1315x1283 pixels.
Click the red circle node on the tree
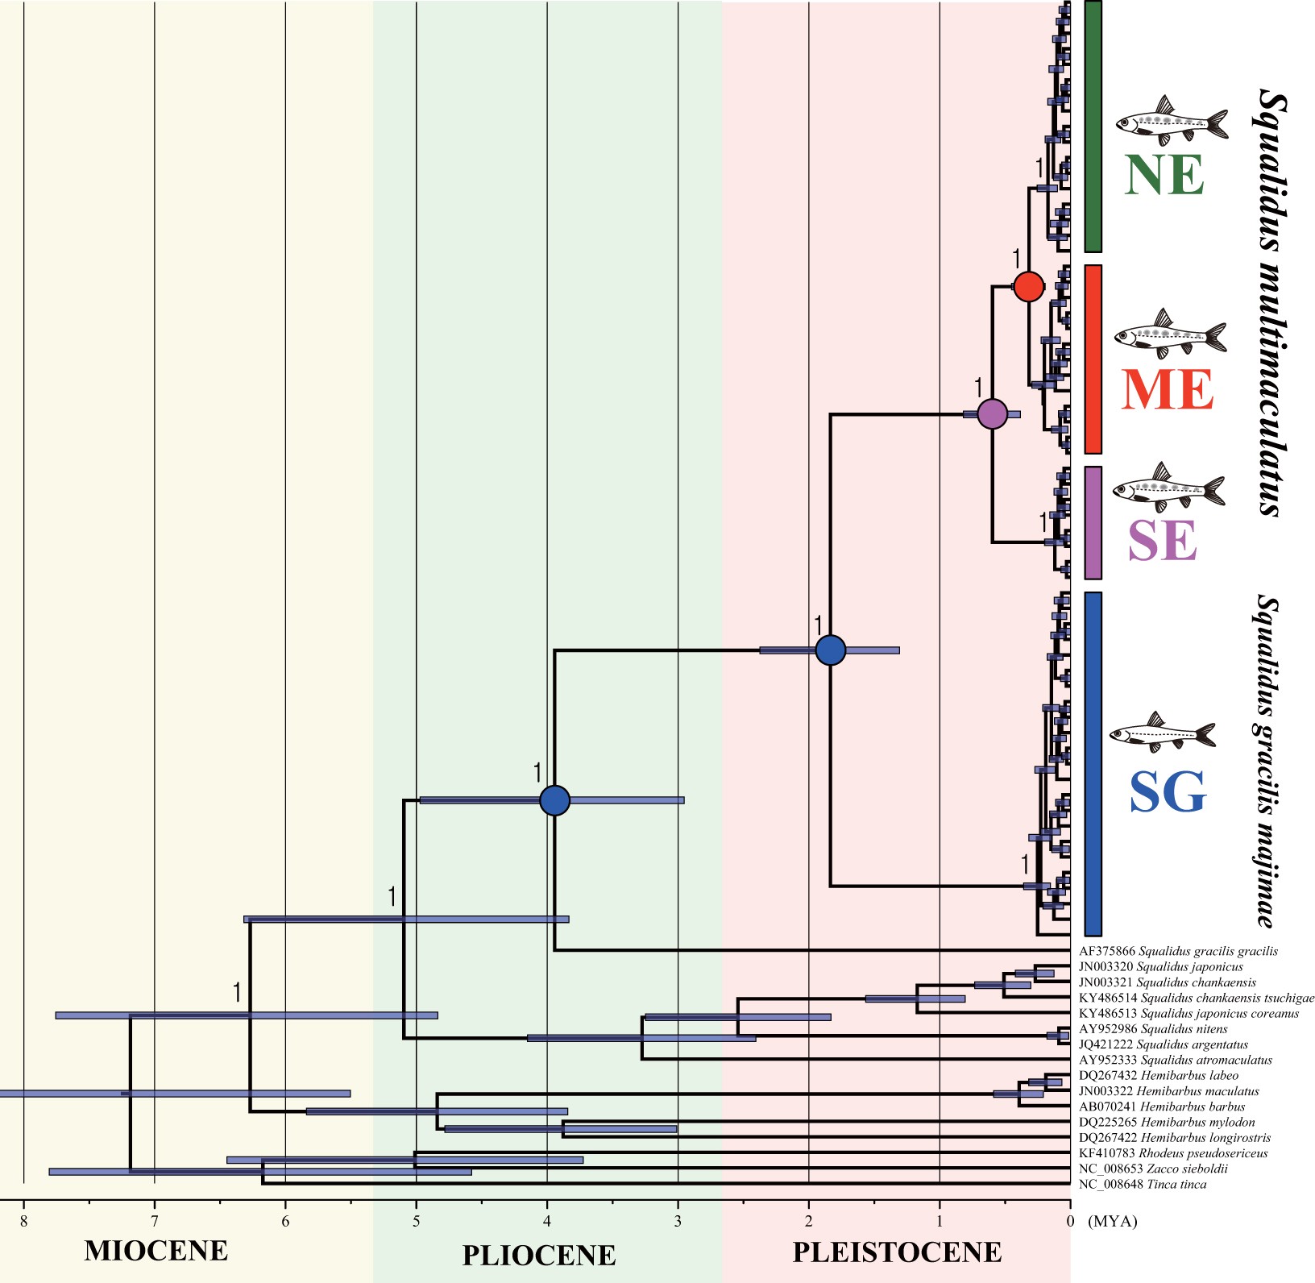point(1028,286)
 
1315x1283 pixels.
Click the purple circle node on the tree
point(992,414)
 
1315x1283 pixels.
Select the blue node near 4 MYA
point(554,800)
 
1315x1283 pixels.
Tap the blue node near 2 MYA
point(830,650)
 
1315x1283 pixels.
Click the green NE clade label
point(1164,175)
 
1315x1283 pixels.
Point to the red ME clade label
point(1167,390)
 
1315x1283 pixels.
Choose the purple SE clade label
point(1162,540)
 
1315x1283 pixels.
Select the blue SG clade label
point(1167,792)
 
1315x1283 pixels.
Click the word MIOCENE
point(156,1250)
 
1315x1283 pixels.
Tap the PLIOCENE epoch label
point(538,1255)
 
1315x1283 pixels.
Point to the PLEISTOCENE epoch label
point(897,1252)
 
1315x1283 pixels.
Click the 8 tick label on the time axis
point(24,1221)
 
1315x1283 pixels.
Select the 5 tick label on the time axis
point(416,1221)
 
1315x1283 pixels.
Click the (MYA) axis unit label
point(1112,1221)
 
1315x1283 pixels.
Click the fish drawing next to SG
point(1162,732)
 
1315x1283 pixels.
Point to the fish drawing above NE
point(1172,119)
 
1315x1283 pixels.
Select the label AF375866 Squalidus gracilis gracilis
point(1177,951)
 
